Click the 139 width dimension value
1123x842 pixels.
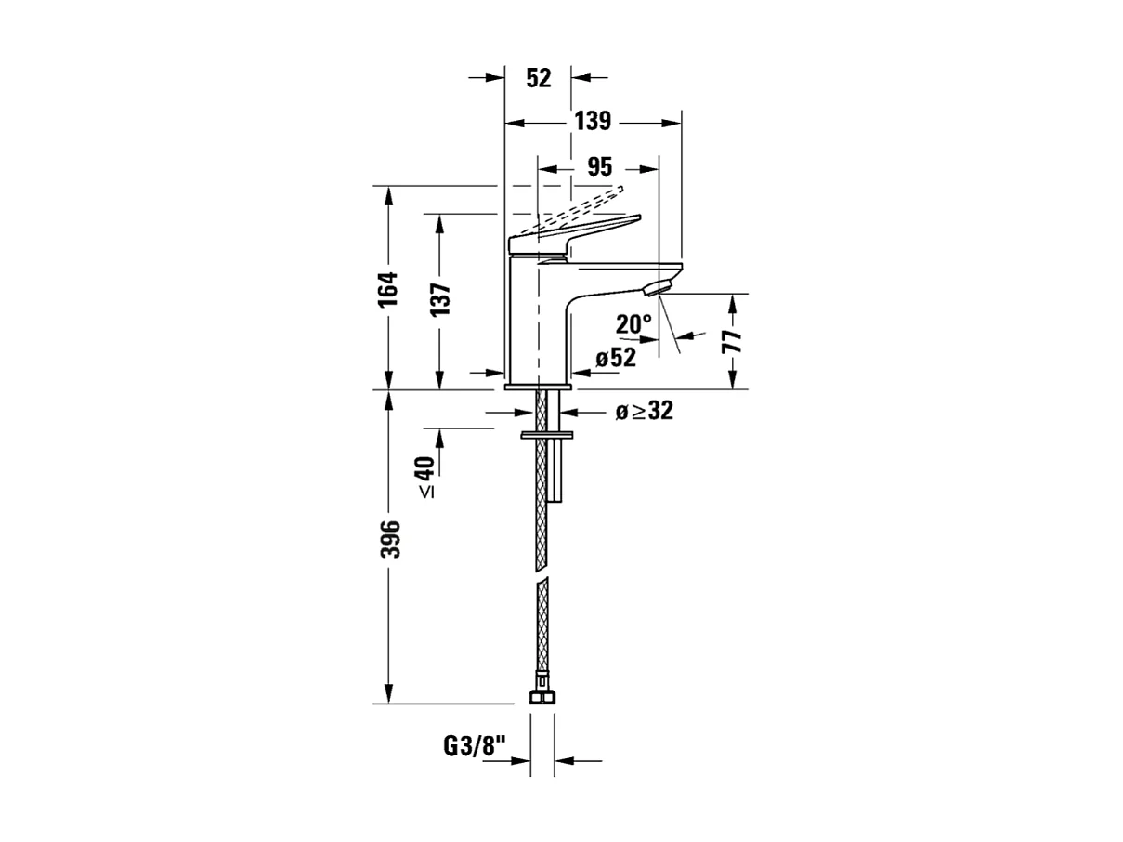[592, 121]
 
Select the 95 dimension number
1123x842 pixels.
[600, 167]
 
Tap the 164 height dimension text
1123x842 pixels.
[387, 288]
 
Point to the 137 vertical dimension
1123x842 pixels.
[439, 299]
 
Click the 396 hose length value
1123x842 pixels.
[391, 539]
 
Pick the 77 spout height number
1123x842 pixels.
[733, 340]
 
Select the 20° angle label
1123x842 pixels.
[633, 324]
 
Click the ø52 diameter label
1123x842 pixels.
[616, 358]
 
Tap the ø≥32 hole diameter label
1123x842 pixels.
[644, 412]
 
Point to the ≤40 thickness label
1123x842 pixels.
[425, 477]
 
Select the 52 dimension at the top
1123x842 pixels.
[539, 78]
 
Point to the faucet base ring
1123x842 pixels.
[539, 385]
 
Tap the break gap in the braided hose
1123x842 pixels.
[542, 576]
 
